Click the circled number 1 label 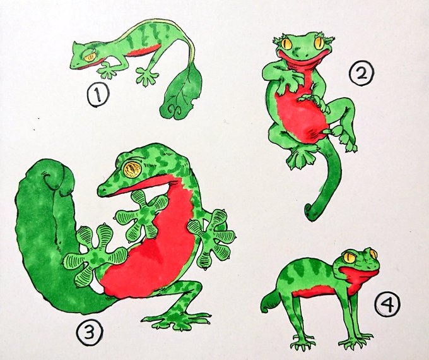click(x=98, y=95)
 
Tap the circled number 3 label click(x=90, y=331)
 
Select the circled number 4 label click(x=388, y=304)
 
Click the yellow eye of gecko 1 click(x=90, y=57)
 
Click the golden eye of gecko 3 click(x=132, y=169)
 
